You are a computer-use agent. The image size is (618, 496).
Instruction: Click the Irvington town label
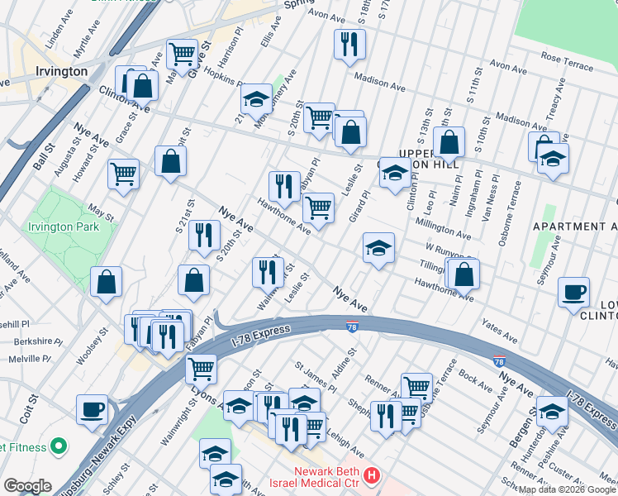pyautogui.click(x=62, y=72)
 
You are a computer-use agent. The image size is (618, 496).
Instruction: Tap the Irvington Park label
pyautogui.click(x=64, y=227)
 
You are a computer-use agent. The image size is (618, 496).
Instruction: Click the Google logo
pyautogui.click(x=26, y=486)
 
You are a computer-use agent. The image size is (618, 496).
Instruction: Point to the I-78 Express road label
pyautogui.click(x=260, y=332)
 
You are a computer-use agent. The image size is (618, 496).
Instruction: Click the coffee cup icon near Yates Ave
pyautogui.click(x=573, y=292)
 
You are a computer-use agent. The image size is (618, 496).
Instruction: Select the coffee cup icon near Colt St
pyautogui.click(x=93, y=409)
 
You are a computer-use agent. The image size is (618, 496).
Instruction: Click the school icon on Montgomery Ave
pyautogui.click(x=257, y=99)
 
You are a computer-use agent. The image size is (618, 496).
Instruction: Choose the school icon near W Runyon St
pyautogui.click(x=378, y=247)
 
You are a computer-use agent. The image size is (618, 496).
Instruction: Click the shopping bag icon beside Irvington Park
pyautogui.click(x=107, y=281)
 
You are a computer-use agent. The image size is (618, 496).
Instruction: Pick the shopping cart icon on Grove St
pyautogui.click(x=182, y=55)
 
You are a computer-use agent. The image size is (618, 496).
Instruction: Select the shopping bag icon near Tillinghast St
pyautogui.click(x=465, y=272)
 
